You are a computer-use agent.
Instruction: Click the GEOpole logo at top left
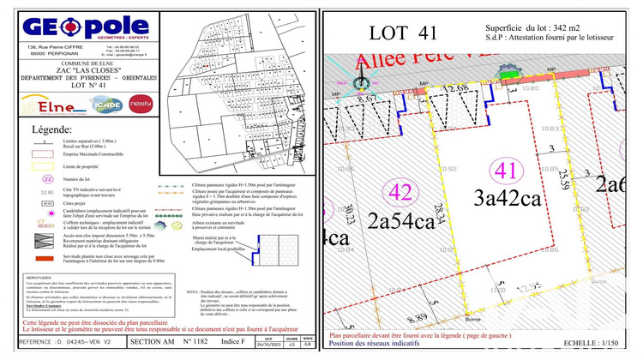87,27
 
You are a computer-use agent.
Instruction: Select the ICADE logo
107,105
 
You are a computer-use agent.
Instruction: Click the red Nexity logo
141,104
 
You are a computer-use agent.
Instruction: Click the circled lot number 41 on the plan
506,171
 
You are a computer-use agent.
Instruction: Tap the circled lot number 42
400,190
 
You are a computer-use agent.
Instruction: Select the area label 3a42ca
506,197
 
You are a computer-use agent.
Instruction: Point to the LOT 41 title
403,33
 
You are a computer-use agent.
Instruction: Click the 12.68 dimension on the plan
458,88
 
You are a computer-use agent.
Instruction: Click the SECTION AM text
153,343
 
